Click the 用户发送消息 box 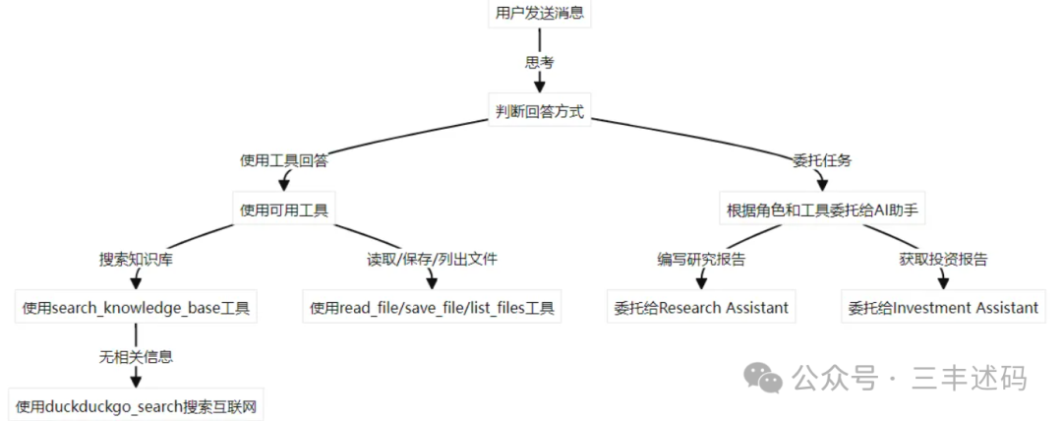coord(539,14)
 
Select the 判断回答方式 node coord(539,111)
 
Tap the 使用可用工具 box coord(284,210)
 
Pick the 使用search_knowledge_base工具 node coord(136,308)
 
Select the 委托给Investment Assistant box coord(943,308)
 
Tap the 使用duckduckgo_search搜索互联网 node coord(137,405)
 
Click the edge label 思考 coord(539,62)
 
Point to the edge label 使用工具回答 coord(284,160)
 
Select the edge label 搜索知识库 coord(136,260)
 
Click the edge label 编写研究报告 coord(700,260)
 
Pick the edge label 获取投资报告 coord(943,260)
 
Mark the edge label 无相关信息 coord(136,356)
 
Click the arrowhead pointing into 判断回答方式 coord(539,88)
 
